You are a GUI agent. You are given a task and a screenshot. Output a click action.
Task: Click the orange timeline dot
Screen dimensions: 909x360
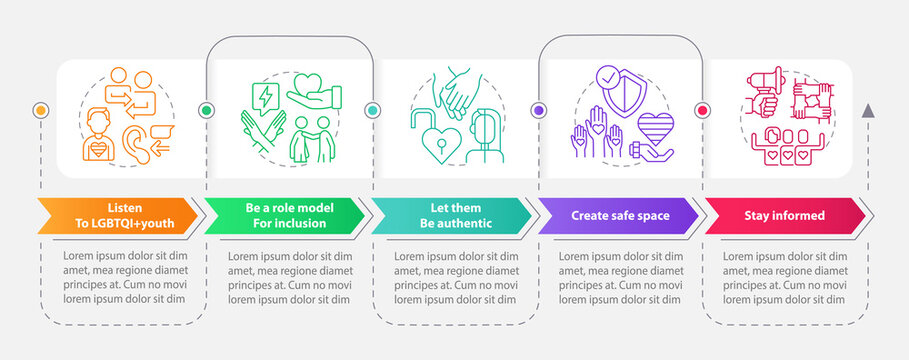pyautogui.click(x=41, y=109)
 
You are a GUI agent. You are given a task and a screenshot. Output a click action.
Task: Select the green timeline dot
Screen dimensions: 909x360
pyautogui.click(x=207, y=109)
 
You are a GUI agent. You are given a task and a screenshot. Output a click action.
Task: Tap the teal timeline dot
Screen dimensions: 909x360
pyautogui.click(x=373, y=109)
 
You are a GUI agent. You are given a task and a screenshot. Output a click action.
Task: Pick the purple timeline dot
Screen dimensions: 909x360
pyautogui.click(x=539, y=109)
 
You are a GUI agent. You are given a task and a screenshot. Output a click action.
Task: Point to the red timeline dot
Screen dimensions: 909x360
pyautogui.click(x=702, y=109)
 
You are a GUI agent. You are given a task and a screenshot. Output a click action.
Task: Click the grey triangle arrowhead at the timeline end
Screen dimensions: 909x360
pyautogui.click(x=868, y=109)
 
